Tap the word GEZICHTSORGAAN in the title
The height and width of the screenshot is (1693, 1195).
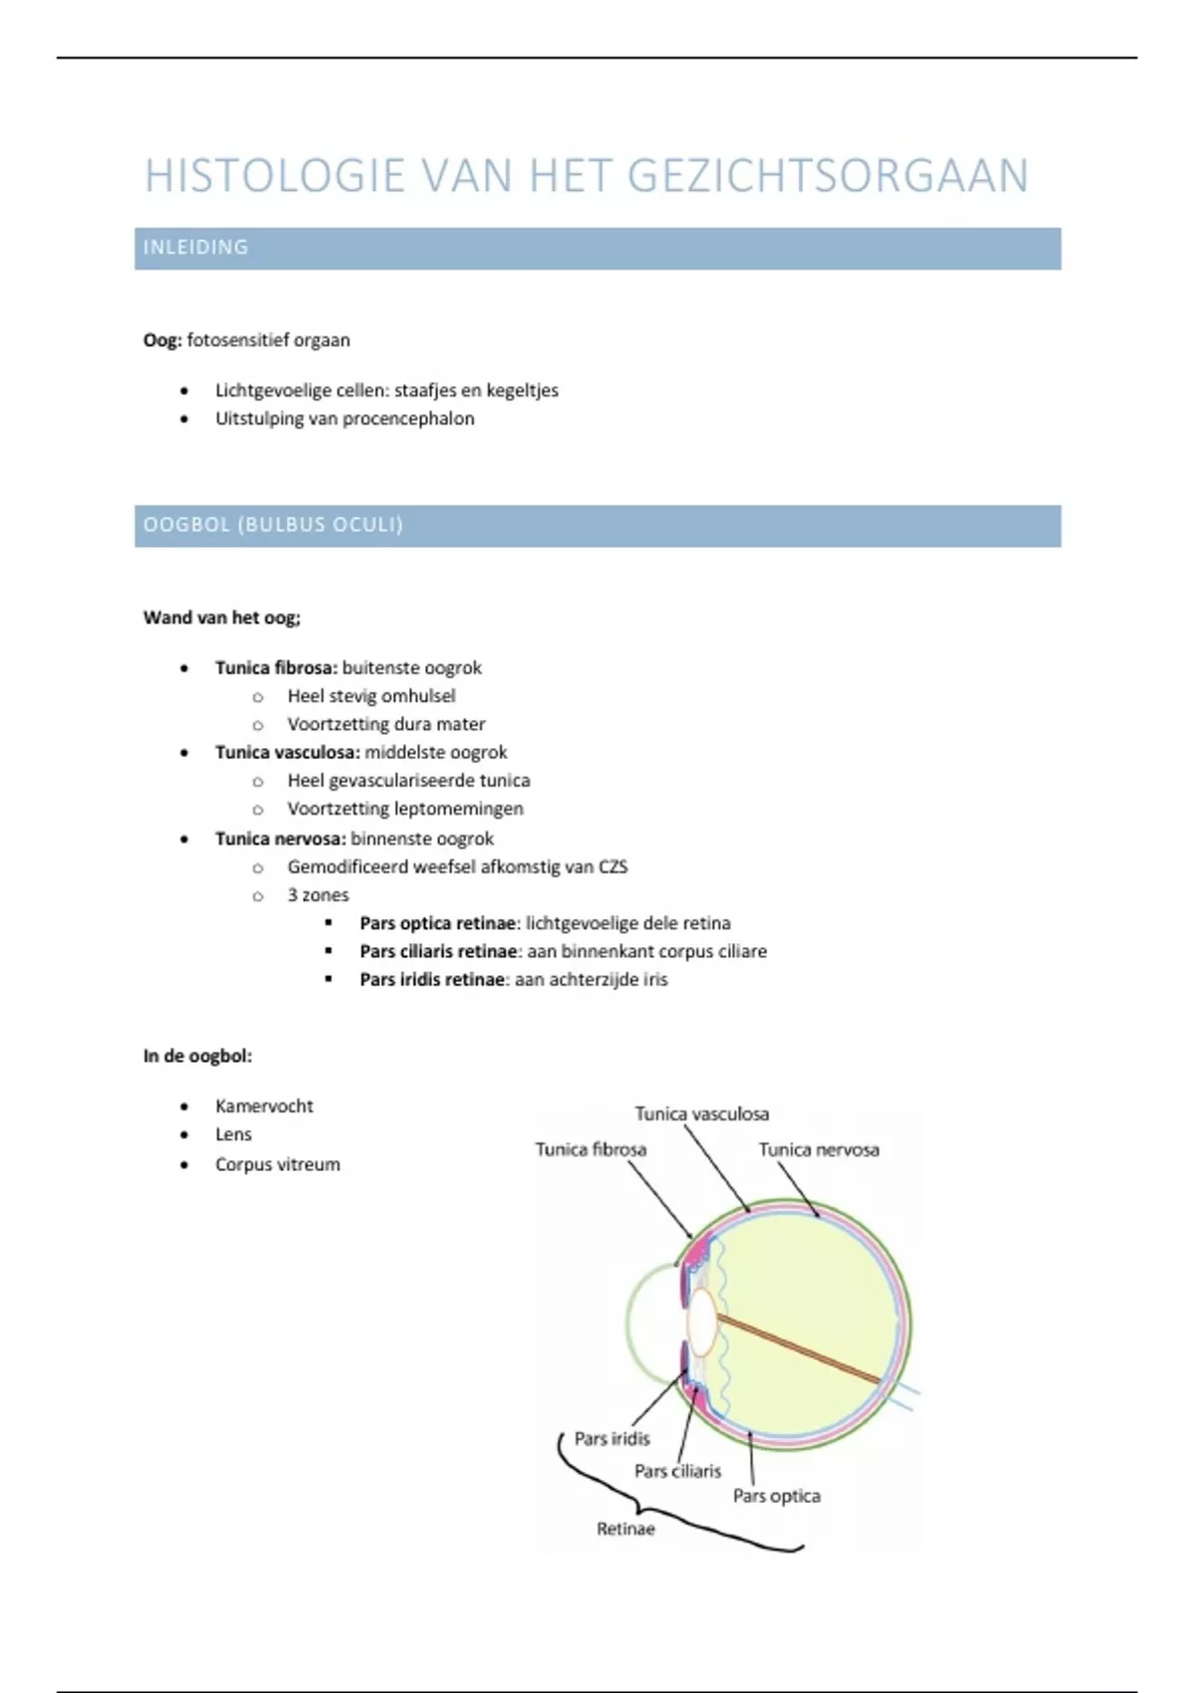(828, 176)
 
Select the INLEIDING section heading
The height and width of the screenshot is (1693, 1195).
(196, 248)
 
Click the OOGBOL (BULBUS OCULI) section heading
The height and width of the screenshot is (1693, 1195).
(273, 525)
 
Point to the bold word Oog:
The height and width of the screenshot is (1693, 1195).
(162, 341)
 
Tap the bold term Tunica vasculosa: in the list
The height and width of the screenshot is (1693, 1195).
(287, 753)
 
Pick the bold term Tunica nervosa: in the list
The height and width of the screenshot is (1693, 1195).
(280, 840)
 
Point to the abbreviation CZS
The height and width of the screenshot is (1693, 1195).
(612, 867)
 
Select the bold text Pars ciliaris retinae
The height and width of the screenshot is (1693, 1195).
(438, 952)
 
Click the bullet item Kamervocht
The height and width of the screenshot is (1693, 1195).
(264, 1106)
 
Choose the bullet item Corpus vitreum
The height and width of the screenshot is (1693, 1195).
(277, 1165)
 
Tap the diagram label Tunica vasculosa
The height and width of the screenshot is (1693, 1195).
(702, 1114)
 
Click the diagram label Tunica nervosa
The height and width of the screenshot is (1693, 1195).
(819, 1150)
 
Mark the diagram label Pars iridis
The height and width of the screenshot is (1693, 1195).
(611, 1439)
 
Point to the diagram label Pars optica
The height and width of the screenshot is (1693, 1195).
(777, 1496)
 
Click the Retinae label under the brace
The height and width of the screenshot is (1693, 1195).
(625, 1529)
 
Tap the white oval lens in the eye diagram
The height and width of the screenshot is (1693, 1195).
(702, 1323)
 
